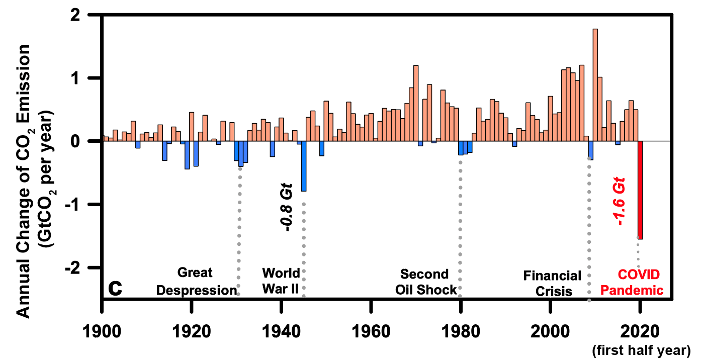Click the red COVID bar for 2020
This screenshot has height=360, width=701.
pyautogui.click(x=640, y=190)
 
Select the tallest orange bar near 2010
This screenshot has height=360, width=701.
pyautogui.click(x=595, y=85)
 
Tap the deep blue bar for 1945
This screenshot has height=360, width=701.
pyautogui.click(x=304, y=166)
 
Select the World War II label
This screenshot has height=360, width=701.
pyautogui.click(x=281, y=282)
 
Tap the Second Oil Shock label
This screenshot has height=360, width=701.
pyautogui.click(x=425, y=282)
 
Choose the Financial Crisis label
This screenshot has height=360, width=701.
pyautogui.click(x=553, y=283)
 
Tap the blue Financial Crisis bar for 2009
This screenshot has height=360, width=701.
pyautogui.click(x=590, y=150)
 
